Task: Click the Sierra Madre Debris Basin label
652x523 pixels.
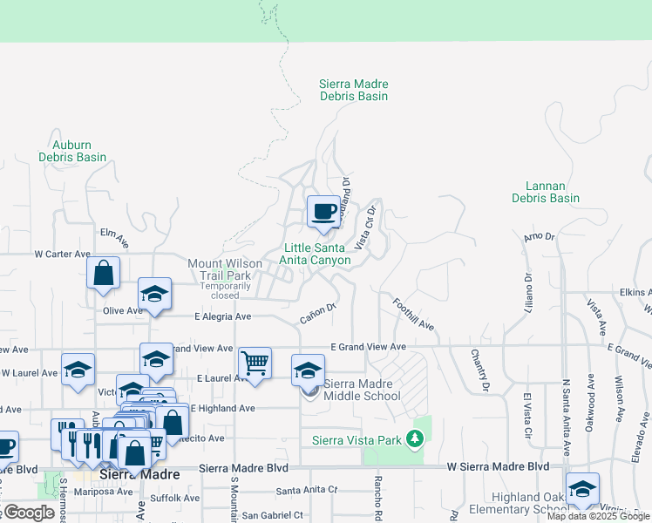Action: point(353,90)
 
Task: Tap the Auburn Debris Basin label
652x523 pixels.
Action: point(72,151)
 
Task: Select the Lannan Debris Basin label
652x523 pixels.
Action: point(546,192)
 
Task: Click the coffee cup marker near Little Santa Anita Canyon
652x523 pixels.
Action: point(323,212)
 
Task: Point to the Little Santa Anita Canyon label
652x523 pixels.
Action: point(315,254)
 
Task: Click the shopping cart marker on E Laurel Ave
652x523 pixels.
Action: point(255,363)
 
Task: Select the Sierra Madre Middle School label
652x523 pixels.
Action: point(362,390)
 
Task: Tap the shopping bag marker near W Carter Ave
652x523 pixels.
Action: point(104,273)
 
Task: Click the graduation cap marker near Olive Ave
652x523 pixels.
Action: point(154,294)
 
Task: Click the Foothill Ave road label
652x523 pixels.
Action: point(413,314)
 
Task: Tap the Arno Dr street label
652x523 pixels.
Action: point(539,237)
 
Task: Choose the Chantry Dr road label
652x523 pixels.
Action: point(479,370)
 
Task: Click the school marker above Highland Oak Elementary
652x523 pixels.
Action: point(582,488)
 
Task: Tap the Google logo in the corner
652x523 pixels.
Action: point(28,513)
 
